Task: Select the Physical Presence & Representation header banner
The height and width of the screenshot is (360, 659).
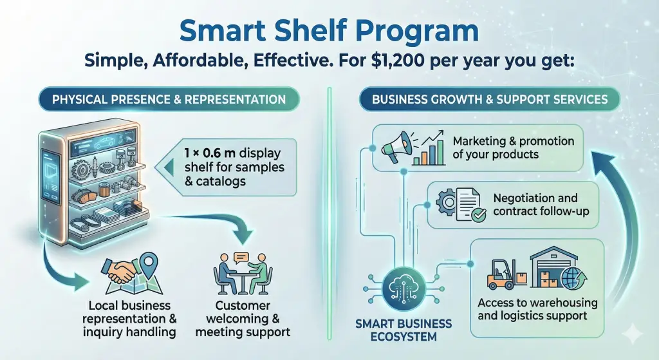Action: (169, 99)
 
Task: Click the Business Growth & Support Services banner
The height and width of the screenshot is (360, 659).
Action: (490, 99)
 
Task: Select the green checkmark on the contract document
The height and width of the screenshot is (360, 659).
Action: (479, 215)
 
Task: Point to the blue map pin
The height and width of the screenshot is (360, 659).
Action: (147, 262)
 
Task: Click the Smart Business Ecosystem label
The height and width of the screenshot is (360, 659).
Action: (404, 330)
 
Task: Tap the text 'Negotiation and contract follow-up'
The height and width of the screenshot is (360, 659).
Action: (541, 204)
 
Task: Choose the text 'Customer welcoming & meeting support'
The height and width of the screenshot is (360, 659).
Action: (243, 318)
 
